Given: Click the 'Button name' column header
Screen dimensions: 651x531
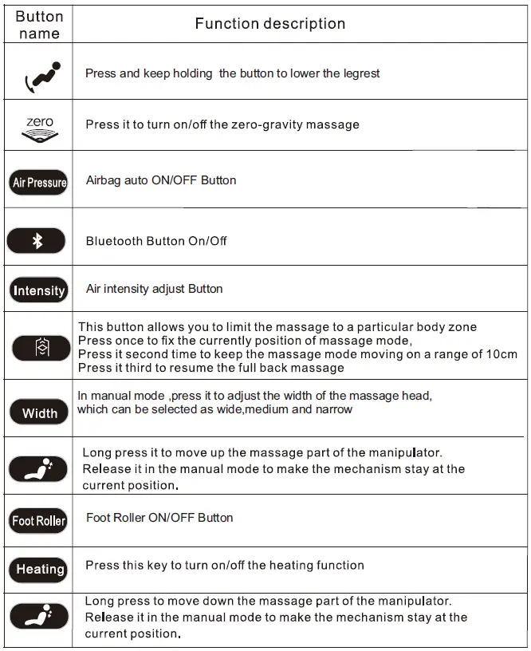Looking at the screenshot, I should [39, 25].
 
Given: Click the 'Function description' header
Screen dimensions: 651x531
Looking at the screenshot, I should [270, 24].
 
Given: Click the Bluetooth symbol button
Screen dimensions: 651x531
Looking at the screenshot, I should [37, 240].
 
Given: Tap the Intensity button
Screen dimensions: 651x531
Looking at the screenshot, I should [38, 290].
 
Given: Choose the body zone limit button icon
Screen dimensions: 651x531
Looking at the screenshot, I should [41, 348].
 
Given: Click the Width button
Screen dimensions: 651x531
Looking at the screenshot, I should [39, 412].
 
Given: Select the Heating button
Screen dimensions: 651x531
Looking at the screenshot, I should [39, 569].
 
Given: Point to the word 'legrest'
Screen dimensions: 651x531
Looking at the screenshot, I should [359, 73].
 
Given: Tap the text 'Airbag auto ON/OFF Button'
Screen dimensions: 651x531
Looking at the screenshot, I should [161, 180].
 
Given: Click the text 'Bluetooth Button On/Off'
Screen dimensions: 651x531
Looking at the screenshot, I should [156, 241].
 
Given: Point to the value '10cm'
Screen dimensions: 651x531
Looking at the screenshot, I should [500, 354].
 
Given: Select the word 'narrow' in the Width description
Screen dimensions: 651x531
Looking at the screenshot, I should [333, 409].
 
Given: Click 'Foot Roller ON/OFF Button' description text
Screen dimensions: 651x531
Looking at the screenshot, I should [159, 518].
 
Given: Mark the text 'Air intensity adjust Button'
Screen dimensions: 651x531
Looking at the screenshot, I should [154, 289].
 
